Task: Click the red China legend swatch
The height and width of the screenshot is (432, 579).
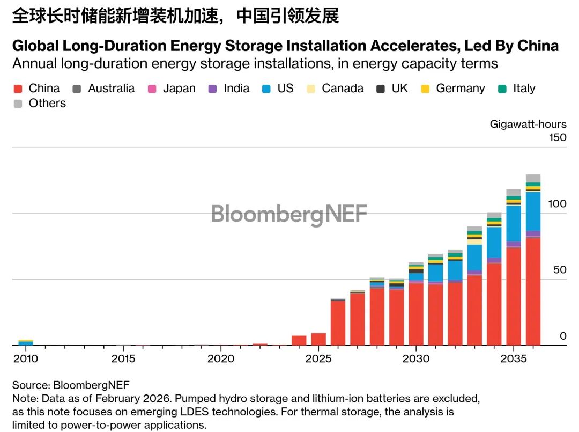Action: coord(18,89)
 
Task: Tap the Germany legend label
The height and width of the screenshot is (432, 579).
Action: coord(460,89)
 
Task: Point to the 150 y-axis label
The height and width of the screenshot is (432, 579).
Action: coord(558,137)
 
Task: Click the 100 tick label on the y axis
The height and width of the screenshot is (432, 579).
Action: coord(558,203)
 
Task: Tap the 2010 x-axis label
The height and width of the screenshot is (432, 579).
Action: coord(26,358)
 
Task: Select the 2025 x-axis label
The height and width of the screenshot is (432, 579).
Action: coord(318,358)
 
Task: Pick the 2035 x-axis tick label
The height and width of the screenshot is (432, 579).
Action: coord(514,358)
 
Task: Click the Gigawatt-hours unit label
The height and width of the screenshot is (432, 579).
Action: coord(528,125)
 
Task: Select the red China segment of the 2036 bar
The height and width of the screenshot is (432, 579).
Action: coord(533,290)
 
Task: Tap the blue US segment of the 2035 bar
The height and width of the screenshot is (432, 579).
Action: coord(514,223)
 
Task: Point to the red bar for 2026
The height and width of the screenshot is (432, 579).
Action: coord(338,322)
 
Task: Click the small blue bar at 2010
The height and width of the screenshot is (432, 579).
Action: coord(26,343)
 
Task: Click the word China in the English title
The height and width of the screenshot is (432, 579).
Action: coord(538,46)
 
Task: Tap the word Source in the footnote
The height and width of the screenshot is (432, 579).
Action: coord(29,385)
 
